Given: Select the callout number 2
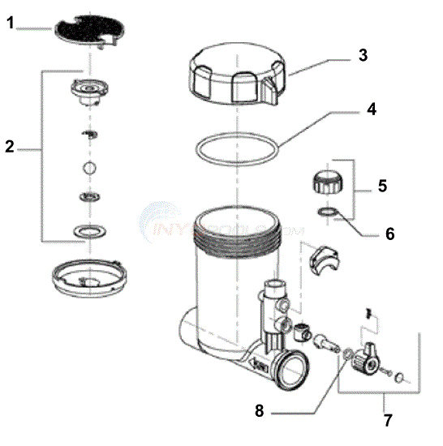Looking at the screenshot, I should coord(10,147).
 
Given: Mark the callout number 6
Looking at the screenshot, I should coord(389,234).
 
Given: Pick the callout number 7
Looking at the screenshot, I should coord(385,420).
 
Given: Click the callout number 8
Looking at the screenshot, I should coord(260,410).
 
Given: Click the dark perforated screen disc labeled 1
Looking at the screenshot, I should coord(84,29).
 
